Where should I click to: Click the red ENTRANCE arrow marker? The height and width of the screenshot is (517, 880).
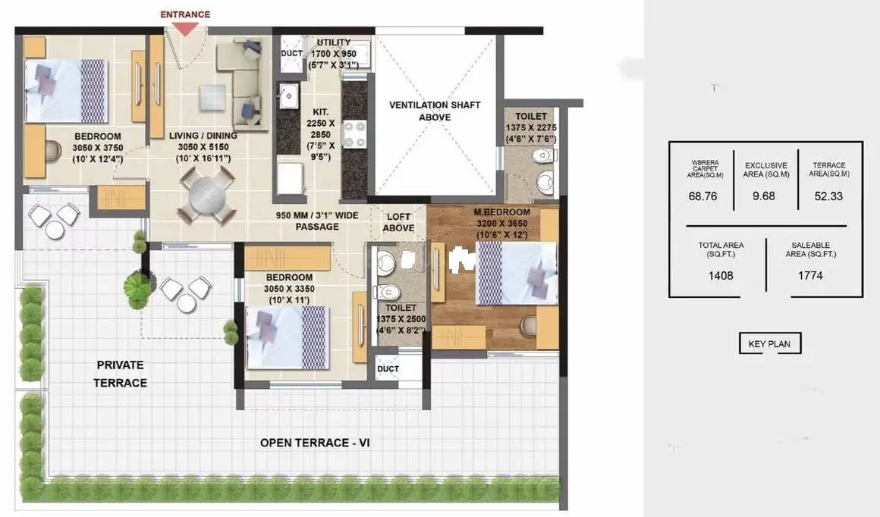point(185,28)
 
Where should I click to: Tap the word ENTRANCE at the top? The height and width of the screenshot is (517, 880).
point(185,14)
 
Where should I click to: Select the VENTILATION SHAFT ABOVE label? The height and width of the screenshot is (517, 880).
point(435,111)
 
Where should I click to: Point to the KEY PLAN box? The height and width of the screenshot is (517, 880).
point(769,343)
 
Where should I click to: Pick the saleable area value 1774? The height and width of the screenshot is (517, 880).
point(810,275)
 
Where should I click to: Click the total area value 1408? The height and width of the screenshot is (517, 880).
point(721,275)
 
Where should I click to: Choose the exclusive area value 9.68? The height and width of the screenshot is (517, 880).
point(765,196)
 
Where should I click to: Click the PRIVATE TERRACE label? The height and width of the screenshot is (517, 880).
point(119,374)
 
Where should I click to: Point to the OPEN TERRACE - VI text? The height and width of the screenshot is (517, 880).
point(314,443)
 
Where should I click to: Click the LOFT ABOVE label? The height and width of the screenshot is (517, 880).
point(398,222)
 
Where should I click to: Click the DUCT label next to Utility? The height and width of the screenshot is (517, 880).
point(291,55)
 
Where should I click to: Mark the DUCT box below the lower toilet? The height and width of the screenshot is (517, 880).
point(388,368)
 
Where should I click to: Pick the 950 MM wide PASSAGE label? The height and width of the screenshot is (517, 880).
point(317,221)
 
